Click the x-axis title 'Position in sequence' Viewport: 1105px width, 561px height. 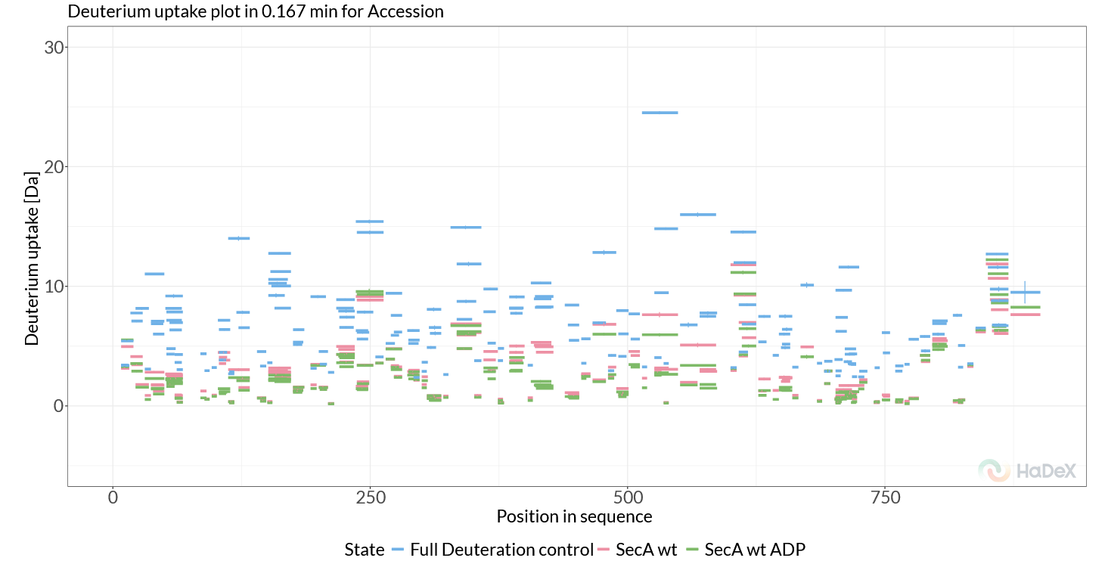[574, 516]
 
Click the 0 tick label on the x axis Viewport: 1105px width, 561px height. [113, 498]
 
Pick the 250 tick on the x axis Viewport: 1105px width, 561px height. [370, 498]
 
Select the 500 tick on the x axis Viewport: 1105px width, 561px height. [628, 498]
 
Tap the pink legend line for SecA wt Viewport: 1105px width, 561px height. [604, 550]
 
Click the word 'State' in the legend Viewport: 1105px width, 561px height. [364, 550]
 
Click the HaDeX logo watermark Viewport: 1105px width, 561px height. [1026, 470]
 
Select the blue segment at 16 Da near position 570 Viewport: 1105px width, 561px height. [697, 215]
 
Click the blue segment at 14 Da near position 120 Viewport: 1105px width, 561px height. [239, 238]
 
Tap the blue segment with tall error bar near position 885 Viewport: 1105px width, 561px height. [1025, 292]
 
